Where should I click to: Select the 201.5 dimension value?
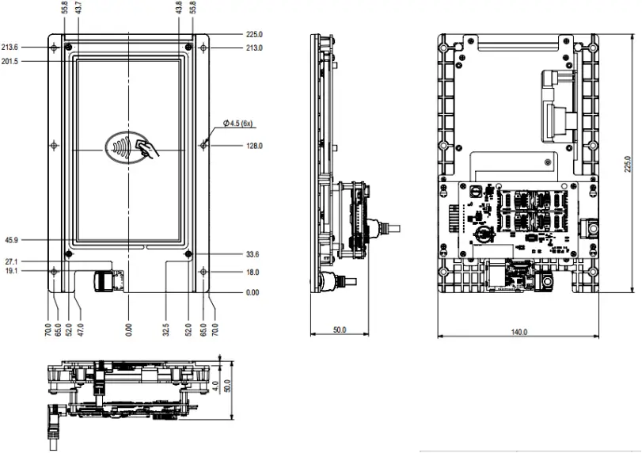(12, 62)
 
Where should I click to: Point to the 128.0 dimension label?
(254, 146)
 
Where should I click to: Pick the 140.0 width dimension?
(519, 333)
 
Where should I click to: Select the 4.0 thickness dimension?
(216, 388)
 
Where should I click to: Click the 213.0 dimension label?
(254, 48)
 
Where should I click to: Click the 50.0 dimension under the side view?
(338, 330)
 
